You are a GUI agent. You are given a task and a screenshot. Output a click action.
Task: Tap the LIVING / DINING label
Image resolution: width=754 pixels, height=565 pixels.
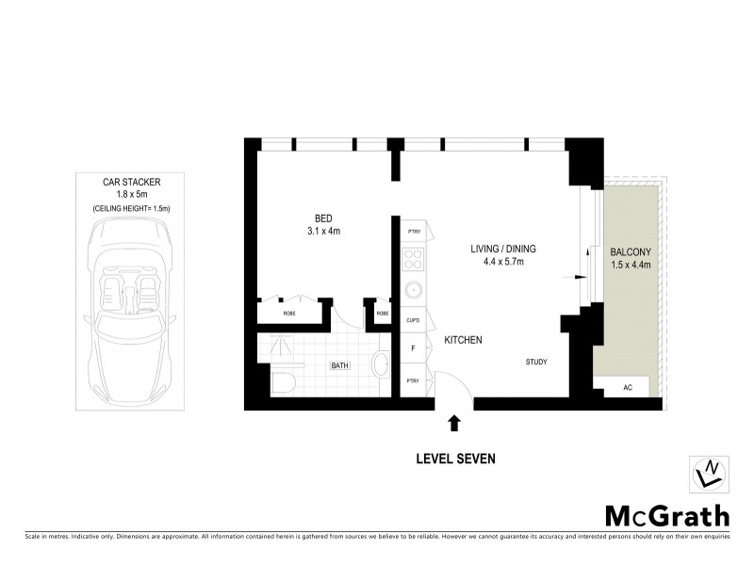point(503,249)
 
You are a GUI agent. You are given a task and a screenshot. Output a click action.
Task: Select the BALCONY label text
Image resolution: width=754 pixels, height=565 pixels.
point(630,252)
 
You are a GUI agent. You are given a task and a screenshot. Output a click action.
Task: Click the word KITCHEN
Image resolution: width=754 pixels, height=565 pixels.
point(464,340)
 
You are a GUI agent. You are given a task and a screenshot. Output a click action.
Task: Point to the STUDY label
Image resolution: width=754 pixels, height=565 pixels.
point(536,362)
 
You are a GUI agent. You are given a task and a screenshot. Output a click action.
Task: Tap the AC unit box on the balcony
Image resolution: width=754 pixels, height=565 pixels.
point(629,387)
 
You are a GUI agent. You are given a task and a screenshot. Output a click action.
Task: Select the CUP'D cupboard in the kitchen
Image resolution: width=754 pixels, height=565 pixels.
point(413,320)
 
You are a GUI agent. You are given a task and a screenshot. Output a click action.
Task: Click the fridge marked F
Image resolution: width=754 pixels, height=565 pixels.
point(413,348)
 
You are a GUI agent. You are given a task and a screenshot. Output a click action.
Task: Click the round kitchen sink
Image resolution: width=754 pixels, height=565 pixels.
point(413,290)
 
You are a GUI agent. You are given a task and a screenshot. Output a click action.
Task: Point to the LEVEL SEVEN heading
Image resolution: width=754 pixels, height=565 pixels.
point(455,459)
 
